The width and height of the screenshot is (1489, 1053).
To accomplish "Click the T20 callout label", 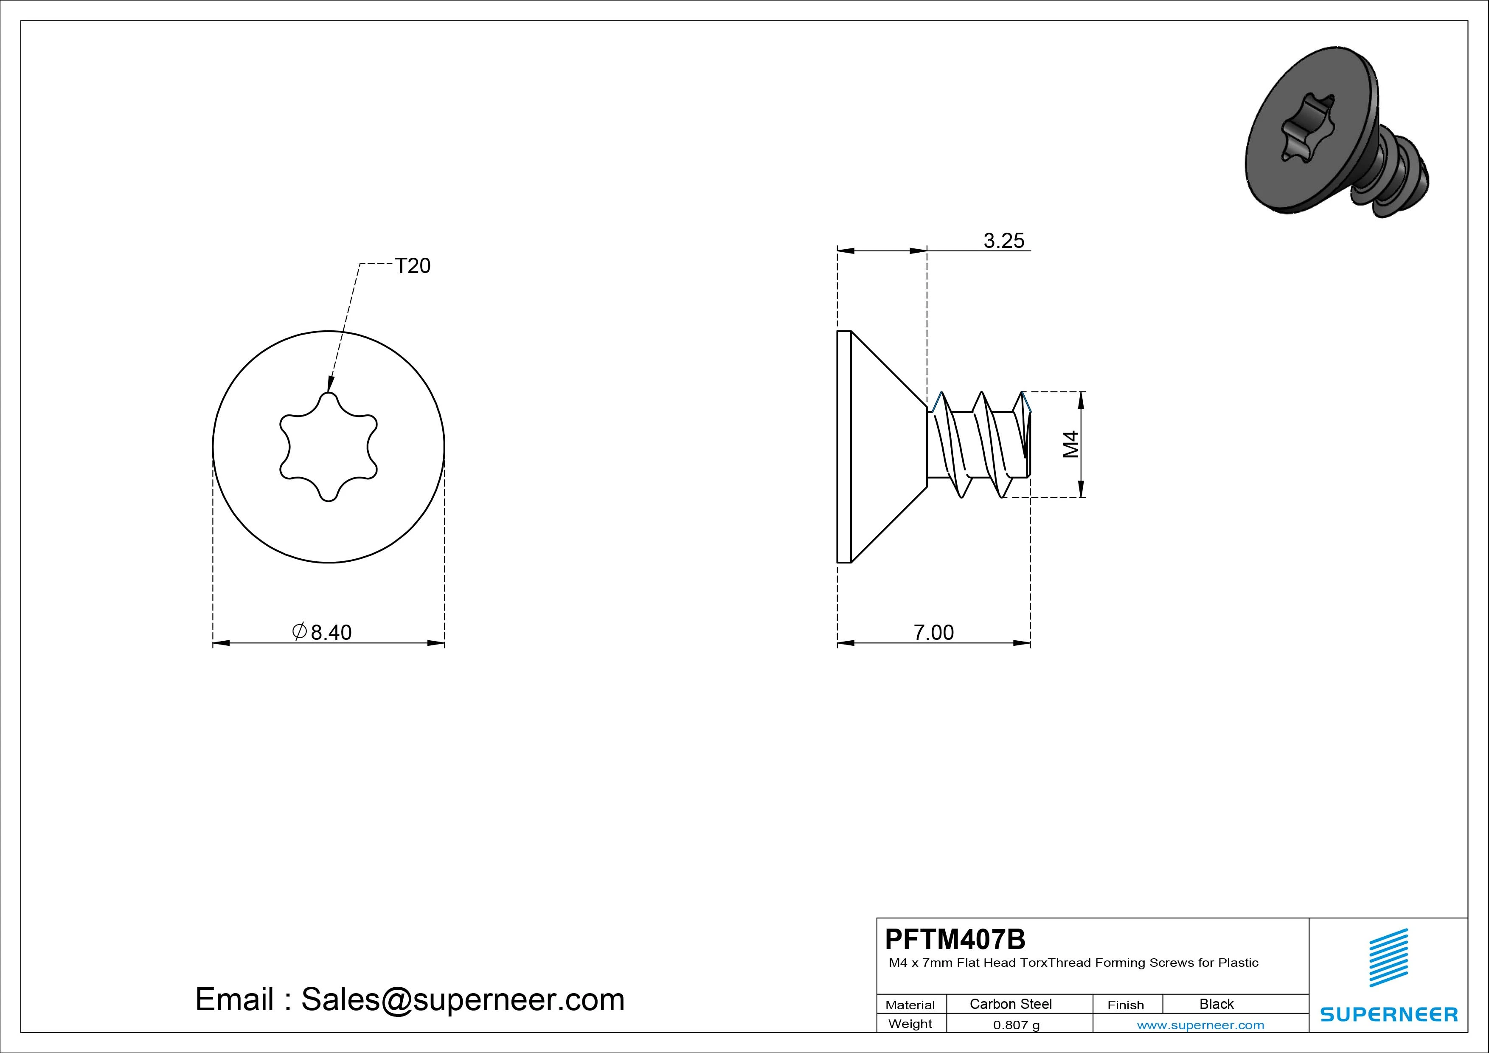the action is click(x=413, y=266).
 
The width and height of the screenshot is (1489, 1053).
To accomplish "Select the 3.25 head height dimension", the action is click(x=1004, y=241).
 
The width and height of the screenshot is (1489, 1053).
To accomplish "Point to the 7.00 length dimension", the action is click(x=934, y=632).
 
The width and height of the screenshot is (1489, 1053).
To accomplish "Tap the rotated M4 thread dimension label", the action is click(x=1071, y=445).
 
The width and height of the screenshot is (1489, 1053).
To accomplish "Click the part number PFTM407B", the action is click(x=955, y=939).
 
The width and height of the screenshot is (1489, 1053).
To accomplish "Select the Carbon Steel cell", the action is click(x=1010, y=1004).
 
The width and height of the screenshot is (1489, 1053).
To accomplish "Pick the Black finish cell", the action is click(x=1216, y=1004).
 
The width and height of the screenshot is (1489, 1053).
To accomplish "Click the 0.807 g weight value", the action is click(x=1016, y=1025).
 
